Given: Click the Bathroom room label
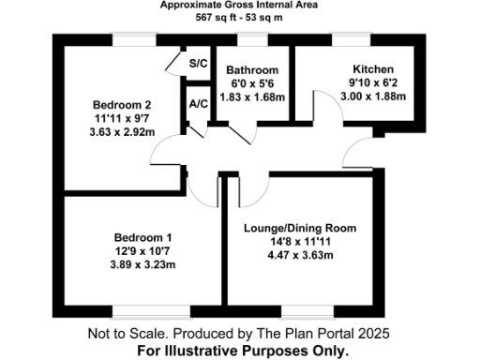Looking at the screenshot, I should coord(253,70).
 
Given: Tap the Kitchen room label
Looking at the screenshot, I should coord(372,70).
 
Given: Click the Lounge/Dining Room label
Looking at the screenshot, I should coord(300,229).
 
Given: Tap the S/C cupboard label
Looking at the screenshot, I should coord(198,64).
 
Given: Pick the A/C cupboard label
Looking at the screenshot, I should coord(198,104).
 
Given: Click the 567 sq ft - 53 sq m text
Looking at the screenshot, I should coord(239,19).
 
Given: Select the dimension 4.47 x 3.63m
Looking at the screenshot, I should coord(300,255).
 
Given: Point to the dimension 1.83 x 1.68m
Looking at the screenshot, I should coord(253,97).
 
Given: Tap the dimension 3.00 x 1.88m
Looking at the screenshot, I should coord(372,97).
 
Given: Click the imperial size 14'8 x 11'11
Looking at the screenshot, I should coord(300,242).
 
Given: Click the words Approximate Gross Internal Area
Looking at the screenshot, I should coord(239,6).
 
